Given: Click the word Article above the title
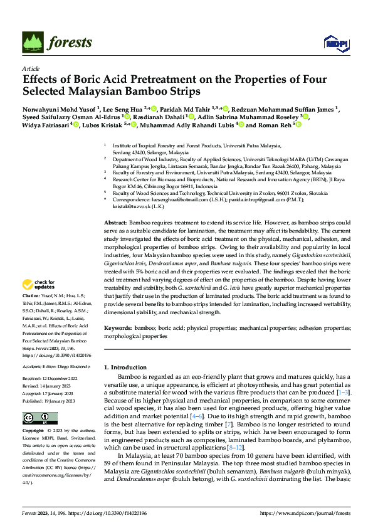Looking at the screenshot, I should [30, 68].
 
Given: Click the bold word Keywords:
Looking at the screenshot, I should [118, 328].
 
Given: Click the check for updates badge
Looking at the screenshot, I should [38, 283].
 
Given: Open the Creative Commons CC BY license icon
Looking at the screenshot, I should [36, 418].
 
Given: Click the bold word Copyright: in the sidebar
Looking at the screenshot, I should [34, 431].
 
